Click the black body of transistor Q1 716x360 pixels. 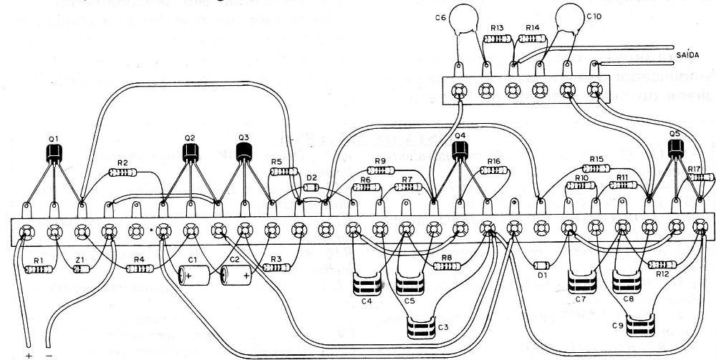(x=54, y=152)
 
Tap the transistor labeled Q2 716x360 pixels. (x=190, y=152)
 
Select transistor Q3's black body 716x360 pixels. (x=245, y=150)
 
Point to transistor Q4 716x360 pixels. (x=460, y=150)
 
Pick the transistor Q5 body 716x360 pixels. (x=675, y=148)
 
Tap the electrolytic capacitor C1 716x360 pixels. (x=195, y=275)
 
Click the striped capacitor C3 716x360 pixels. (x=423, y=329)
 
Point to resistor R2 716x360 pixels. (x=123, y=172)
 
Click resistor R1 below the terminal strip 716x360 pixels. (x=39, y=269)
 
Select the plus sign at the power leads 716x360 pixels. (x=29, y=355)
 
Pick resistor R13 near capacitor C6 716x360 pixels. (x=498, y=40)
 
